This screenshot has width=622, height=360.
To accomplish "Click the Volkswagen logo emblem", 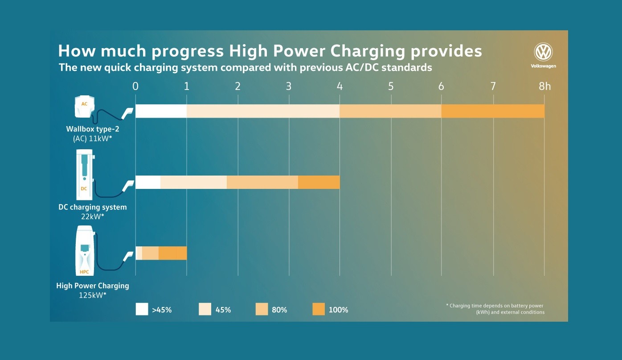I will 543,53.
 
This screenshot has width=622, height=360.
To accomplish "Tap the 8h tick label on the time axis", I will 544,86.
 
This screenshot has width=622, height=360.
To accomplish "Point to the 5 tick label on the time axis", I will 391,86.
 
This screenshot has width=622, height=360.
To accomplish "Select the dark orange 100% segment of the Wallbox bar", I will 493,111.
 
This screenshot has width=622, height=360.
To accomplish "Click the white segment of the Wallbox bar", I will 161,111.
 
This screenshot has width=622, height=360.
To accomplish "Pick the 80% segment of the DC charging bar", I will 262,182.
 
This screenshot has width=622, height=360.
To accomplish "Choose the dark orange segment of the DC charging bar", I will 319,182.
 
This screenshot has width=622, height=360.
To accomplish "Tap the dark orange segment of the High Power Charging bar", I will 172,253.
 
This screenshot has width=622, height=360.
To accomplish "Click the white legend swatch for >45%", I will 142,309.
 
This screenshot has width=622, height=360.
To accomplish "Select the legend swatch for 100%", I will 319,309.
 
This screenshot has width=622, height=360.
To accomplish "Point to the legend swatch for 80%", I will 262,309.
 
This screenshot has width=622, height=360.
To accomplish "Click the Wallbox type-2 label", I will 93,129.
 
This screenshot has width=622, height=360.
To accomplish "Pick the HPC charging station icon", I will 84,251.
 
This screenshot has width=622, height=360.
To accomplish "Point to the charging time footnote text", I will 495,309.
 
